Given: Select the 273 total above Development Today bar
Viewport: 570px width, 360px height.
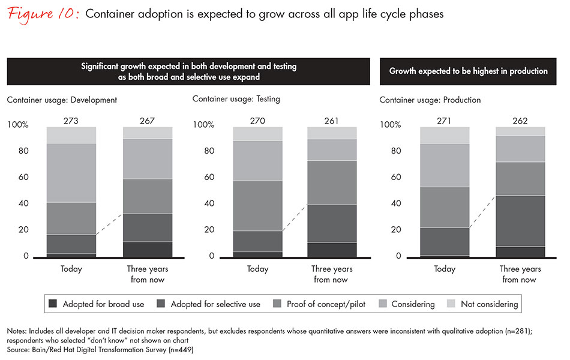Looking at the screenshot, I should (x=71, y=121).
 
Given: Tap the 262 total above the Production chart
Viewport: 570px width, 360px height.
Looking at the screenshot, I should (x=520, y=121).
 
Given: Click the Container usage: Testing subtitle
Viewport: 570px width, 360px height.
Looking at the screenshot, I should (x=236, y=98).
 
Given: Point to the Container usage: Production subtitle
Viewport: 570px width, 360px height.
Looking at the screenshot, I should (x=430, y=100).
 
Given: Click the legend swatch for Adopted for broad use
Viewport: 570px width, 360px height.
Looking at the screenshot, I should (x=52, y=304).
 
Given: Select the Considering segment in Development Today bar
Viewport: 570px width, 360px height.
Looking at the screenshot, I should (x=71, y=173).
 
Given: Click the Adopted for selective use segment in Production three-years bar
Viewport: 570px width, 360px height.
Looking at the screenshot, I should (x=520, y=221).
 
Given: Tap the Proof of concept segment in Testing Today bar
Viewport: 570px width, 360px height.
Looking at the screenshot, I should (x=257, y=206).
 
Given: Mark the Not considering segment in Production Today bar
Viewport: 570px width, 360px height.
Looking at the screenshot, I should (x=445, y=135).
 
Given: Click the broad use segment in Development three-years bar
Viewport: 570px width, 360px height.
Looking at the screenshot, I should (x=147, y=250).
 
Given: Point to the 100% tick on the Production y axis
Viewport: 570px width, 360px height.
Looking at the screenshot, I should (x=391, y=125).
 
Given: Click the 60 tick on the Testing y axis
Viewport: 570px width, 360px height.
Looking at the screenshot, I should (x=205, y=178).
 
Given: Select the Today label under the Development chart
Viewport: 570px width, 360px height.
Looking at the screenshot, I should (x=71, y=269).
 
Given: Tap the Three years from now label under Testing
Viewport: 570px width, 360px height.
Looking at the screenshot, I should (x=332, y=274).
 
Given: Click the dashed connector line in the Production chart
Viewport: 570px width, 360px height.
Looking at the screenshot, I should (x=482, y=212).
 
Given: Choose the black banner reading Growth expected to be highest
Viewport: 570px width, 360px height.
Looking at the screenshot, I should (x=468, y=71).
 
